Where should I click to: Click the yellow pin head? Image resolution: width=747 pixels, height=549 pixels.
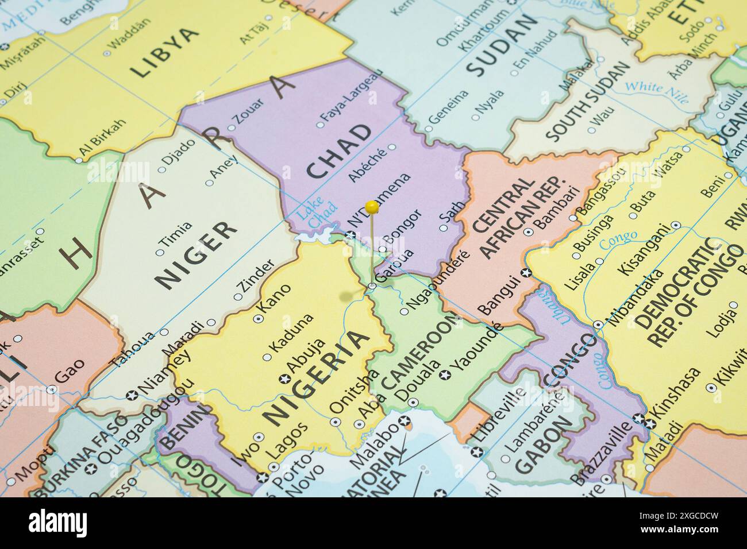[x=372, y=206]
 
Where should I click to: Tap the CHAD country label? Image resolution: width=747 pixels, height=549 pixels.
[x=339, y=151]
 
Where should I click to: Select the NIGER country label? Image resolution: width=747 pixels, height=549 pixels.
[x=197, y=254]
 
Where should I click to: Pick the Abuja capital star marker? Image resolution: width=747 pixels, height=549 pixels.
[x=283, y=378]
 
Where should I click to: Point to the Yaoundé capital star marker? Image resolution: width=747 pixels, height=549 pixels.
[x=444, y=375]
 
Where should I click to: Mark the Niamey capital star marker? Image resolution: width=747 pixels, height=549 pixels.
[x=132, y=395]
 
